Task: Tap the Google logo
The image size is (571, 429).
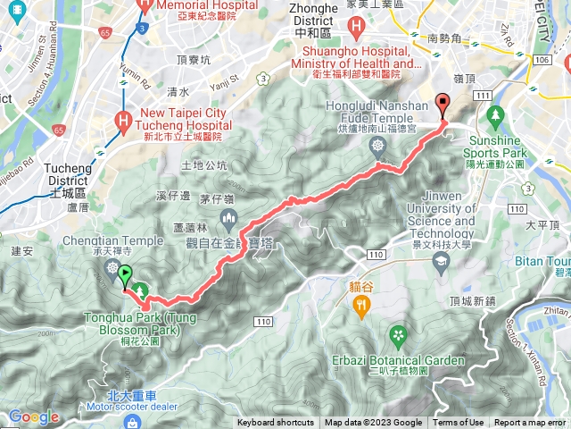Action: tap(33, 416)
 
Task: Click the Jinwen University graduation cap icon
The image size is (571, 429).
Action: tap(440, 261)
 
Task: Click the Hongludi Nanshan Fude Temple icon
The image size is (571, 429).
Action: tap(378, 145)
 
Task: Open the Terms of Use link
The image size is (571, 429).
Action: tap(459, 423)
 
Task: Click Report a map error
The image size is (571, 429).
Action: tap(531, 423)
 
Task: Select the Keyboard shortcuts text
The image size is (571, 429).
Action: tap(276, 423)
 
